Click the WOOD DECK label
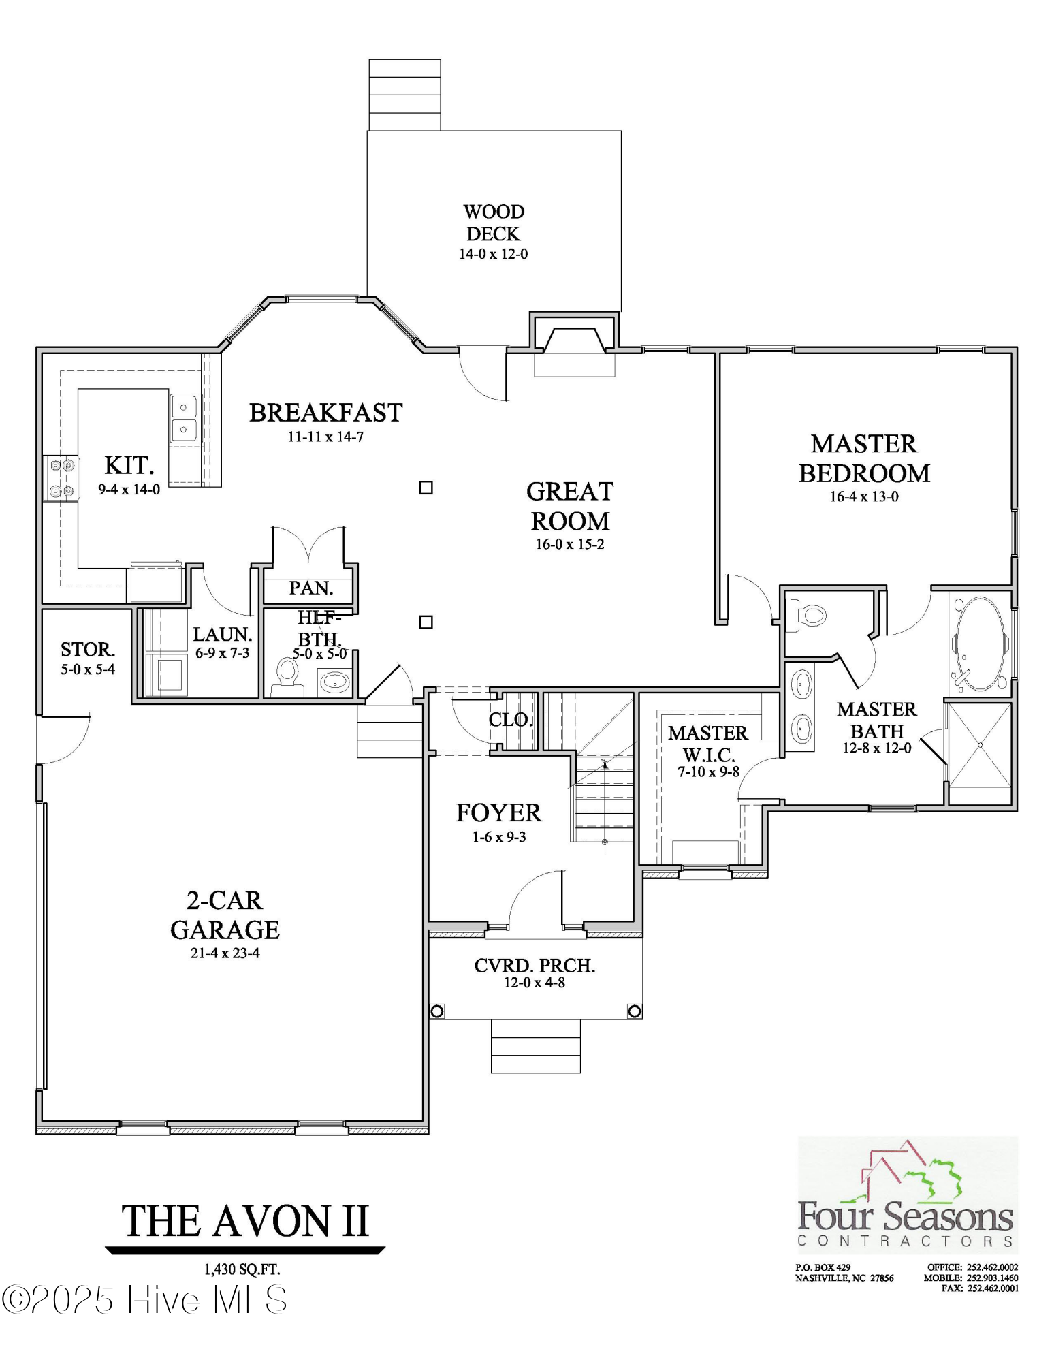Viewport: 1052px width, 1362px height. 493,223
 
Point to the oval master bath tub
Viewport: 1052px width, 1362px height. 979,644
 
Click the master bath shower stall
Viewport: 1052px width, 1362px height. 979,745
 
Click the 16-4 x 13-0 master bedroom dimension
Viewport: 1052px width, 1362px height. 863,497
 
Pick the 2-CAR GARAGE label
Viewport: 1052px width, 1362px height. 225,915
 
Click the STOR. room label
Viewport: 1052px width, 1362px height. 88,649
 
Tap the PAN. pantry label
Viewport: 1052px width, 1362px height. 310,588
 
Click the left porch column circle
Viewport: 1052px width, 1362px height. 437,1011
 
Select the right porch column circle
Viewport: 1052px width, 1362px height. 634,1011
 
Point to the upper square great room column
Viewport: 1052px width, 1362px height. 426,488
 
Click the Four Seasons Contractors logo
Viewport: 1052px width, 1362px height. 907,1197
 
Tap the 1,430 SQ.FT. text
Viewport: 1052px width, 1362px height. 242,1269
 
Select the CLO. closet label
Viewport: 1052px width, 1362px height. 510,720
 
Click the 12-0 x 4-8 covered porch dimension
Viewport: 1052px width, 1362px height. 534,983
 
